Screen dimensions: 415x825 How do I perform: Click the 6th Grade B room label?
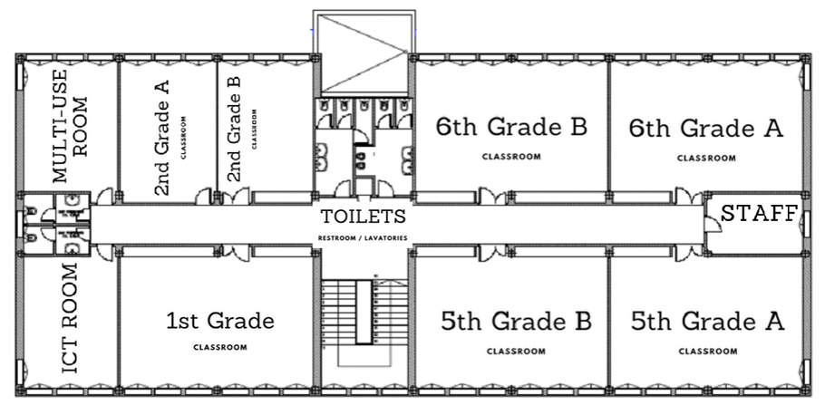click(511, 127)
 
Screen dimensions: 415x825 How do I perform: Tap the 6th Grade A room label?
click(705, 128)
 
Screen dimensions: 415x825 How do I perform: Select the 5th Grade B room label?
click(516, 322)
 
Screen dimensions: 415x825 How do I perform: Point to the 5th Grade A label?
click(706, 322)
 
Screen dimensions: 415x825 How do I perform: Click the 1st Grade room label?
click(219, 320)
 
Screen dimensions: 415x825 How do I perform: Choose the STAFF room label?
click(758, 214)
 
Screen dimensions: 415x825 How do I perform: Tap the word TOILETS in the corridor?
click(363, 217)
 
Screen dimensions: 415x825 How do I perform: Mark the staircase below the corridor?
click(363, 314)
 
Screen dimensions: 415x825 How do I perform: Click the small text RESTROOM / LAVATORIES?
click(363, 238)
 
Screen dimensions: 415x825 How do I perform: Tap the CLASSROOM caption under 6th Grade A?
click(706, 158)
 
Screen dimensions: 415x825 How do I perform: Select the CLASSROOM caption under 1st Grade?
click(219, 347)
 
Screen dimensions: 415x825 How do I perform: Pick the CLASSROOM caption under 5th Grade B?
click(516, 351)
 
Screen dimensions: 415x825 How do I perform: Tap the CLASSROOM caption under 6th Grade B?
click(511, 157)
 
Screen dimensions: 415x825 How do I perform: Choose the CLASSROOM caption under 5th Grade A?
click(706, 351)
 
